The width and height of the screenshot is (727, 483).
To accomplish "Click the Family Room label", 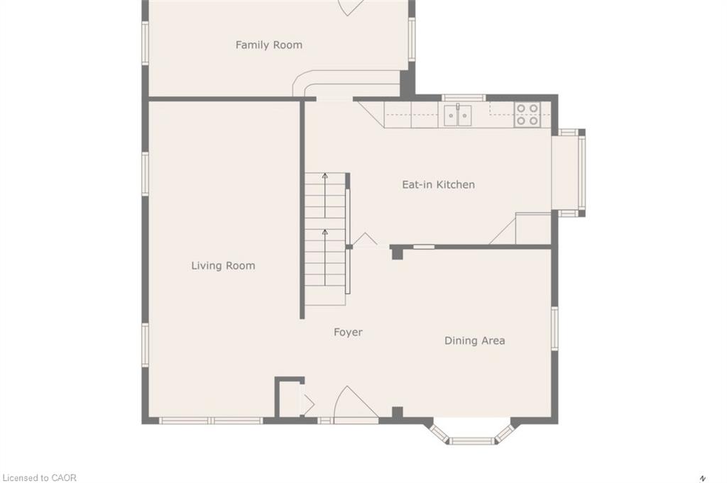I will click(x=268, y=45).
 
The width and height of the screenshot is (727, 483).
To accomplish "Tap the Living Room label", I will click(x=223, y=266).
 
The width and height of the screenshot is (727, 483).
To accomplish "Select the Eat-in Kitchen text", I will click(x=438, y=184).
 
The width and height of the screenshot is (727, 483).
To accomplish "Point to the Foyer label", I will click(x=348, y=332).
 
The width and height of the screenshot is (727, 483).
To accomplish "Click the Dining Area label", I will click(x=474, y=340).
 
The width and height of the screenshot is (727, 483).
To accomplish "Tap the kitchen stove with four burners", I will click(x=527, y=115).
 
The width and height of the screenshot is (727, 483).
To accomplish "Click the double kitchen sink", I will click(x=457, y=115).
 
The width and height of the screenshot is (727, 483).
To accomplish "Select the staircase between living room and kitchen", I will click(x=326, y=238).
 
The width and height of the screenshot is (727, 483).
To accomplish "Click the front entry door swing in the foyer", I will click(x=353, y=404).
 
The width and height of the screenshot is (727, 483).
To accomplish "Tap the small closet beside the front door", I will click(x=288, y=399).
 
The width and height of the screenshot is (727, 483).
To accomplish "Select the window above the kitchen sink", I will click(x=464, y=98).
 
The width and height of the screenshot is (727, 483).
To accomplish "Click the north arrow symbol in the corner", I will click(x=703, y=477).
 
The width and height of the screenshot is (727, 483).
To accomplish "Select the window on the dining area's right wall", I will click(x=554, y=328).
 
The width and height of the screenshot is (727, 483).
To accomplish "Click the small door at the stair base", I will click(x=365, y=240).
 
